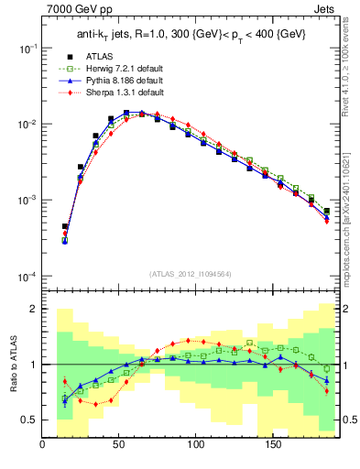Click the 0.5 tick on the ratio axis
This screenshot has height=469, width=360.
30,420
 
